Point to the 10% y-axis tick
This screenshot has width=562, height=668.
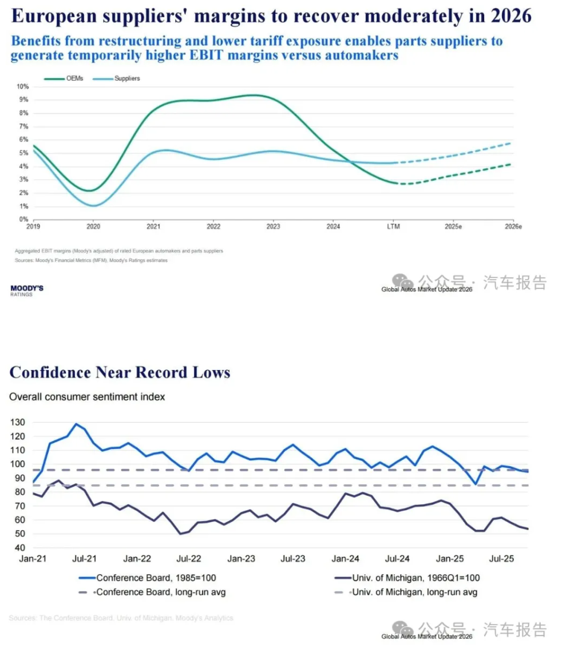(23, 86)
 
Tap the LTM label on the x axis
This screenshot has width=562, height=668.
(393, 226)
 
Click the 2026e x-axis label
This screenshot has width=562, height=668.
(513, 226)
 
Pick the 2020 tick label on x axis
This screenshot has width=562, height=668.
(93, 226)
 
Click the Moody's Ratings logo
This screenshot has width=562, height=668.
(27, 290)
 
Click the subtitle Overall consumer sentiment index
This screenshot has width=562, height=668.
(87, 396)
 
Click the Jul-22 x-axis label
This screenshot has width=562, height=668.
(188, 559)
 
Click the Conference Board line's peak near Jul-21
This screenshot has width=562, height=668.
(76, 424)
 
